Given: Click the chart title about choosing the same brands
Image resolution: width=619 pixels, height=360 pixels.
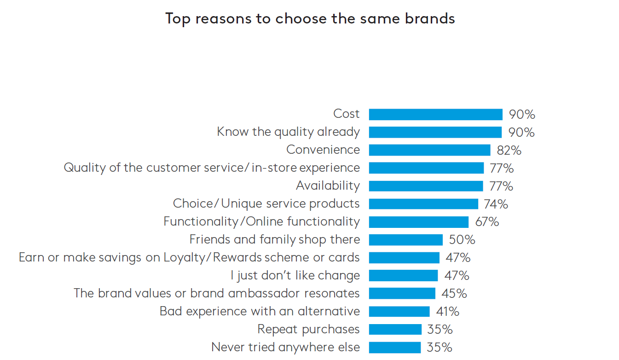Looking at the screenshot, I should (310, 19).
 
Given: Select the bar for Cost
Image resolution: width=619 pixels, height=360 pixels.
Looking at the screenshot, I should (435, 114).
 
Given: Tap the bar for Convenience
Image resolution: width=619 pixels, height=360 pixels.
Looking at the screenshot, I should (429, 150).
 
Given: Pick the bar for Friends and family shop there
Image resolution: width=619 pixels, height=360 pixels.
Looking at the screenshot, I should (405, 240).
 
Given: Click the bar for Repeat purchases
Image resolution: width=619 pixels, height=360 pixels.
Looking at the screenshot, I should (395, 330).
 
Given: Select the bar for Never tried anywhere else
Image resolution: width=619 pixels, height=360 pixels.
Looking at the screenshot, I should (394, 348).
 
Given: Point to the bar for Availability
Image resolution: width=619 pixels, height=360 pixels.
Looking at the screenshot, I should (426, 186).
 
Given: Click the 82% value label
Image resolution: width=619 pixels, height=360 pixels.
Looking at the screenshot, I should (509, 150).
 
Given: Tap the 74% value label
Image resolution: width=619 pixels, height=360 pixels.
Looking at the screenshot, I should (496, 204).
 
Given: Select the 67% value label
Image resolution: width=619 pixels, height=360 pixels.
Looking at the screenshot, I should (487, 222).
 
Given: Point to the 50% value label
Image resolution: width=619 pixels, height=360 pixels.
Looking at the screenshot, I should (462, 240).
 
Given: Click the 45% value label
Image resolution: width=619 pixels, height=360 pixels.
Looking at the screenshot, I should (454, 294).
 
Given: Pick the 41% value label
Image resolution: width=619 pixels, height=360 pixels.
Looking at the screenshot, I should (447, 312).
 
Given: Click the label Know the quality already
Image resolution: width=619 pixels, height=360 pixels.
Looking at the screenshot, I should (288, 132).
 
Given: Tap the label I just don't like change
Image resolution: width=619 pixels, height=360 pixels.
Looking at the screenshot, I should (295, 276).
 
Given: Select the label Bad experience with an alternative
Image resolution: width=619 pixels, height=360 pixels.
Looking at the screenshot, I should (260, 312).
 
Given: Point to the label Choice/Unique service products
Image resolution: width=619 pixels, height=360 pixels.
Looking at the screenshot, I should (266, 204).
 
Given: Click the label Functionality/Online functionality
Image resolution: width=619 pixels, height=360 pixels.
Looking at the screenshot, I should (261, 222).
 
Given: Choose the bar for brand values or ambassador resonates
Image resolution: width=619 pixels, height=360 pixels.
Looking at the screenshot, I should (402, 294).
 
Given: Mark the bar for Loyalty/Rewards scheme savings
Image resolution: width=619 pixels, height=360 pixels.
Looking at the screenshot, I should (404, 258).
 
